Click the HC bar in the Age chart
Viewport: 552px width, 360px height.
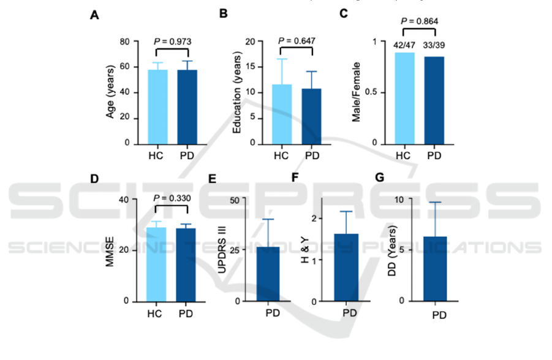(x=157, y=107)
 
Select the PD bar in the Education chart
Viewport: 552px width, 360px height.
(x=312, y=116)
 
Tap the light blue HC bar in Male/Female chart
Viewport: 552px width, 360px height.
(x=404, y=98)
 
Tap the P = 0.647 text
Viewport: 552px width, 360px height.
(x=298, y=42)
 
